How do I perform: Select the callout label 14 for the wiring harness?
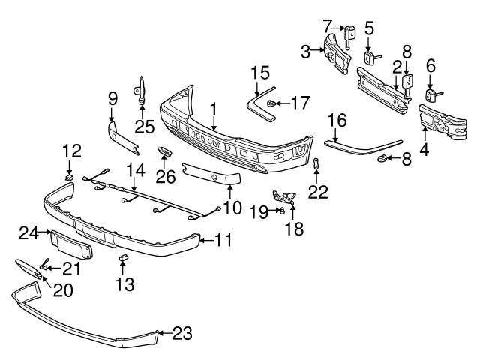[x=134, y=171]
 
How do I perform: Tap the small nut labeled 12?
[x=69, y=177]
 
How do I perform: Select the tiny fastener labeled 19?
[x=280, y=211]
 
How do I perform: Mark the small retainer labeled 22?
[x=316, y=165]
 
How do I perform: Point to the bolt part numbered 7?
[x=349, y=34]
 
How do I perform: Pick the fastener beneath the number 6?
[x=431, y=94]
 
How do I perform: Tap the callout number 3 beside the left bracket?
[x=305, y=51]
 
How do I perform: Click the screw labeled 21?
[x=46, y=264]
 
